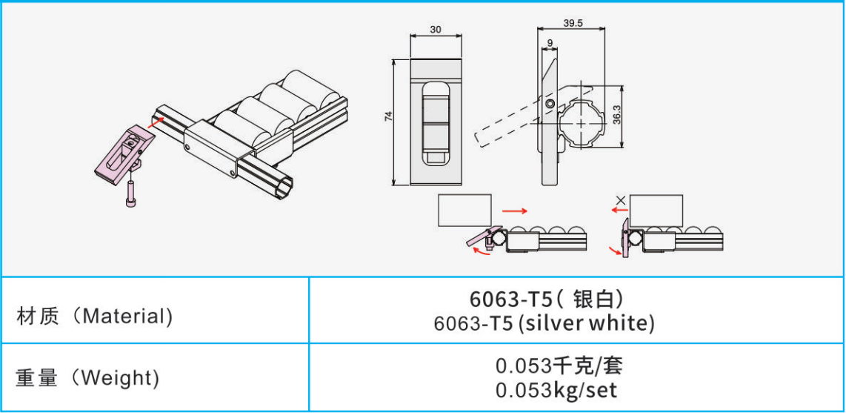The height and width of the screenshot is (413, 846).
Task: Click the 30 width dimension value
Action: pyautogui.click(x=436, y=30)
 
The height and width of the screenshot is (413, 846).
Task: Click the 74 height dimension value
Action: pyautogui.click(x=388, y=116)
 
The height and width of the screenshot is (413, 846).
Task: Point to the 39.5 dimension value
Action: pyautogui.click(x=573, y=24)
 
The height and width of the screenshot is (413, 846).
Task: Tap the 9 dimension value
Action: pyautogui.click(x=550, y=43)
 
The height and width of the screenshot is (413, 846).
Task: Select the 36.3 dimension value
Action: pyautogui.click(x=616, y=115)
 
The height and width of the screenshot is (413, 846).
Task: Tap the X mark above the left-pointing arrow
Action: pyautogui.click(x=621, y=200)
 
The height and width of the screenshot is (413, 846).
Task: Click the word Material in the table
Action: pyautogui.click(x=124, y=316)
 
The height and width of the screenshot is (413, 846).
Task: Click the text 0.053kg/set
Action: pyautogui.click(x=556, y=390)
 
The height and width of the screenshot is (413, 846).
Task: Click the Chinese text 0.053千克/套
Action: pyautogui.click(x=559, y=366)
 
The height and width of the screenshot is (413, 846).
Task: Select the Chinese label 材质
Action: pyautogui.click(x=36, y=316)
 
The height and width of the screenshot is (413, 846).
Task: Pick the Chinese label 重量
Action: pyautogui.click(x=36, y=378)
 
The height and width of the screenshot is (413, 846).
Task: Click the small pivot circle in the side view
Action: pyautogui.click(x=550, y=104)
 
